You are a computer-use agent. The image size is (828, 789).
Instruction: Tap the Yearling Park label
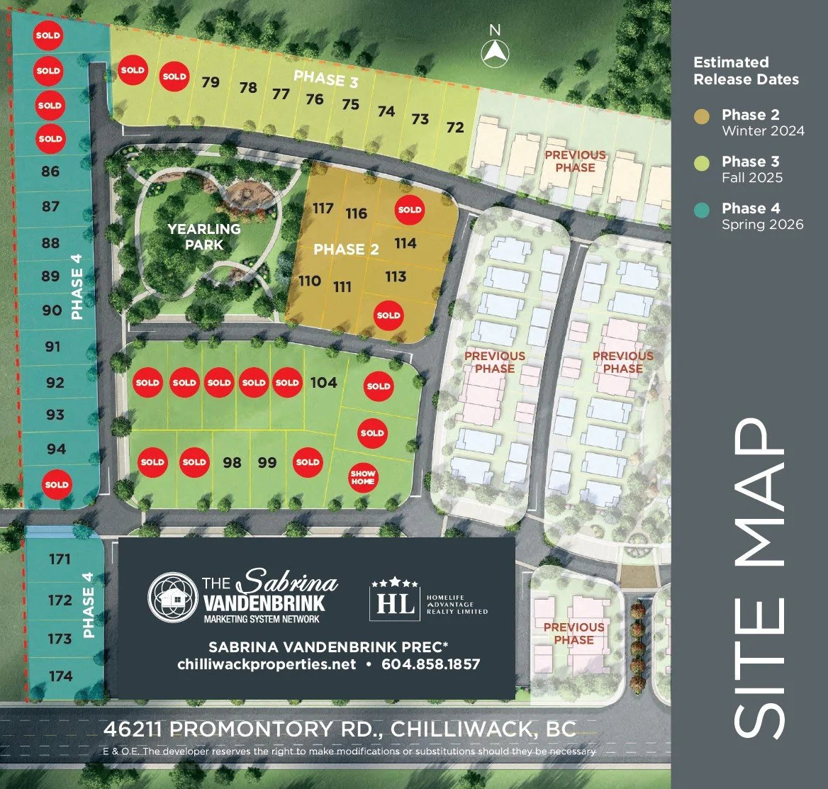(x=204, y=237)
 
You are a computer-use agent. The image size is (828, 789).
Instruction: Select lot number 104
(x=323, y=383)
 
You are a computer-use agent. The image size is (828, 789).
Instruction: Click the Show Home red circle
(x=363, y=478)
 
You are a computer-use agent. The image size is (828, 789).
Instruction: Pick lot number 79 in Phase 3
(x=211, y=82)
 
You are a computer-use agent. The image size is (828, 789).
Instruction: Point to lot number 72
(x=455, y=128)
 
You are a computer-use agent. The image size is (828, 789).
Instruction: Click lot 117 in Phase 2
(x=323, y=208)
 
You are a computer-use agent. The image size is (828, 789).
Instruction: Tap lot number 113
(x=396, y=276)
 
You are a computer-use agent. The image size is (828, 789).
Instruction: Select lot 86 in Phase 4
(x=51, y=172)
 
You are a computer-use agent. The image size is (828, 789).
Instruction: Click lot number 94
(x=56, y=449)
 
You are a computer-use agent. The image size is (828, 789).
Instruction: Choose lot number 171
(x=60, y=559)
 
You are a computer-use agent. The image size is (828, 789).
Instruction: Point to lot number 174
(x=61, y=676)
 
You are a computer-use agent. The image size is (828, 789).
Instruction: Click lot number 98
(x=232, y=463)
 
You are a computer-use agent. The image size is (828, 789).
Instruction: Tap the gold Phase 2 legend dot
(x=702, y=116)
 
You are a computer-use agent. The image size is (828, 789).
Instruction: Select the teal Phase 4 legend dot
(x=702, y=209)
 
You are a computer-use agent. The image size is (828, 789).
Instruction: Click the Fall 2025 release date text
(x=752, y=177)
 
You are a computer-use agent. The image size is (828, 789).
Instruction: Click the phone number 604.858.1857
(x=430, y=664)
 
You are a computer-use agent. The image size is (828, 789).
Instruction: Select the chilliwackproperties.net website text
(x=267, y=664)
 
